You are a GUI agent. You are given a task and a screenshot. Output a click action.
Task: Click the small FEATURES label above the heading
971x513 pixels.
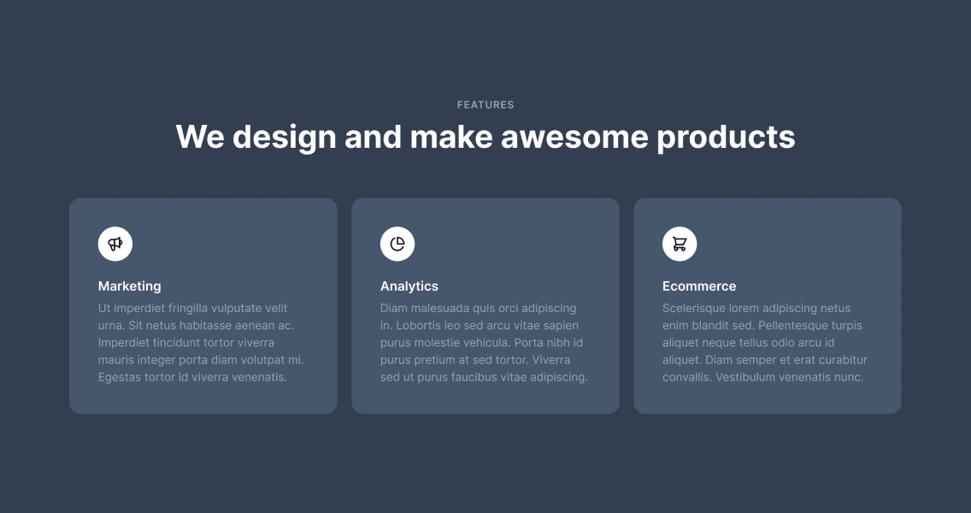486,104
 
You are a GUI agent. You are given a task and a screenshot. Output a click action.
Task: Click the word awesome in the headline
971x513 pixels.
574,136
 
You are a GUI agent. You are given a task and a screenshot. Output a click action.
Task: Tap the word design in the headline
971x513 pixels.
285,138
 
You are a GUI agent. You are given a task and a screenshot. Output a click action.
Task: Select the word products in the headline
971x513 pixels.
726,138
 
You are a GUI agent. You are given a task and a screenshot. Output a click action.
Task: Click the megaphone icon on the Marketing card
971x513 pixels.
115,244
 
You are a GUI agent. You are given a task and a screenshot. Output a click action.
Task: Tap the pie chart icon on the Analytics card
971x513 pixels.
397,244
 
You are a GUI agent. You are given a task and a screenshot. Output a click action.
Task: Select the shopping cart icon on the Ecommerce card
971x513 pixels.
680,245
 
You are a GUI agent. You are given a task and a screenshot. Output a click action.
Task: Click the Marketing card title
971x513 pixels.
129,286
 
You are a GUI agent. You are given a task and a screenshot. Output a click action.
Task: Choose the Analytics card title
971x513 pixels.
409,286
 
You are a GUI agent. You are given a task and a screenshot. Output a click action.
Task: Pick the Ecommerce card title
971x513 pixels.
699,286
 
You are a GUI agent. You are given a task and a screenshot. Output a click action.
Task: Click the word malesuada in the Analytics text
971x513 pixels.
440,308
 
